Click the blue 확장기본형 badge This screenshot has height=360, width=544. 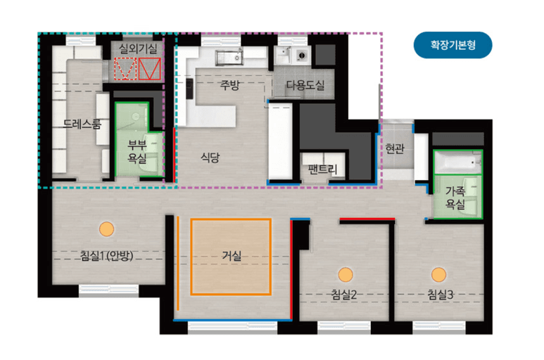453,45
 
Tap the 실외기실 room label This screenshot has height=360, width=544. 138,49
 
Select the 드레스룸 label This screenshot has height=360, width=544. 82,124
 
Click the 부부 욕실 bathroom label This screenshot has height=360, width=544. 137,151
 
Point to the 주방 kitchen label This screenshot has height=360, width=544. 230,85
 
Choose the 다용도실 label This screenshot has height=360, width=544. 305,85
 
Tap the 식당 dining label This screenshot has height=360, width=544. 210,157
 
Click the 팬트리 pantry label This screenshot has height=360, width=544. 322,169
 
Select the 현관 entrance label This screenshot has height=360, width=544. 395,148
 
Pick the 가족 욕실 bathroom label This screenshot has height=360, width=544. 455,198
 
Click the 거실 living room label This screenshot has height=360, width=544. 232,256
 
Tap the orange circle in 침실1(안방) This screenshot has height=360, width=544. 106,229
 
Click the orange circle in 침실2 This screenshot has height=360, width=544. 346,274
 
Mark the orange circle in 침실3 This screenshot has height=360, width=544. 438,274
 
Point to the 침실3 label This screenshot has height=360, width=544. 441,295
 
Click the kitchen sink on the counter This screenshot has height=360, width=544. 229,58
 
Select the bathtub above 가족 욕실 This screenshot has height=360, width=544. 457,162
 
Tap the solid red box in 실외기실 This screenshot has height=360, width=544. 149,69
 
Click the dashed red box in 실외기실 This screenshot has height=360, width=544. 125,69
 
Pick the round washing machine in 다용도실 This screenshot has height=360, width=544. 301,55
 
